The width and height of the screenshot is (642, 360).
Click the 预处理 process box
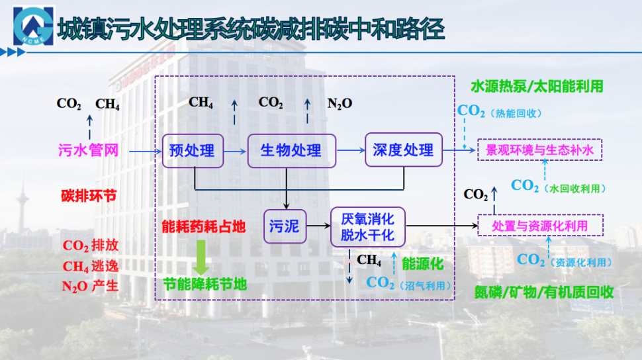click(x=192, y=150)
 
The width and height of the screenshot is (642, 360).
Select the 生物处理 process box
click(x=291, y=150)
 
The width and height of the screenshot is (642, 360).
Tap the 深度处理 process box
click(x=403, y=150)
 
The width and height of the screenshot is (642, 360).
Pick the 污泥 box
click(x=283, y=226)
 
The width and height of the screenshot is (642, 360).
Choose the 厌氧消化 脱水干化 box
click(x=367, y=226)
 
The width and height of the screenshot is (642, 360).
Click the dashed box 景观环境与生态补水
click(x=540, y=150)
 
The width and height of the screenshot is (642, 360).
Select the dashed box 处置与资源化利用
click(x=540, y=226)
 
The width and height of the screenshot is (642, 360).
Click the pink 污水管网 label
click(x=88, y=150)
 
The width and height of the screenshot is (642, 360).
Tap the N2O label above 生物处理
click(x=340, y=103)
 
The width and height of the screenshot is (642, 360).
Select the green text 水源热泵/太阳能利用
click(x=537, y=87)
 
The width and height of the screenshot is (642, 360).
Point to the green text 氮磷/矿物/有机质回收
click(x=544, y=292)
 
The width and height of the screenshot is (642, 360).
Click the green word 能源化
click(x=422, y=263)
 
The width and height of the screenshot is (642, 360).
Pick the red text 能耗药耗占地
click(x=204, y=226)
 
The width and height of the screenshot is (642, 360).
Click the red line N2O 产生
click(x=90, y=286)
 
